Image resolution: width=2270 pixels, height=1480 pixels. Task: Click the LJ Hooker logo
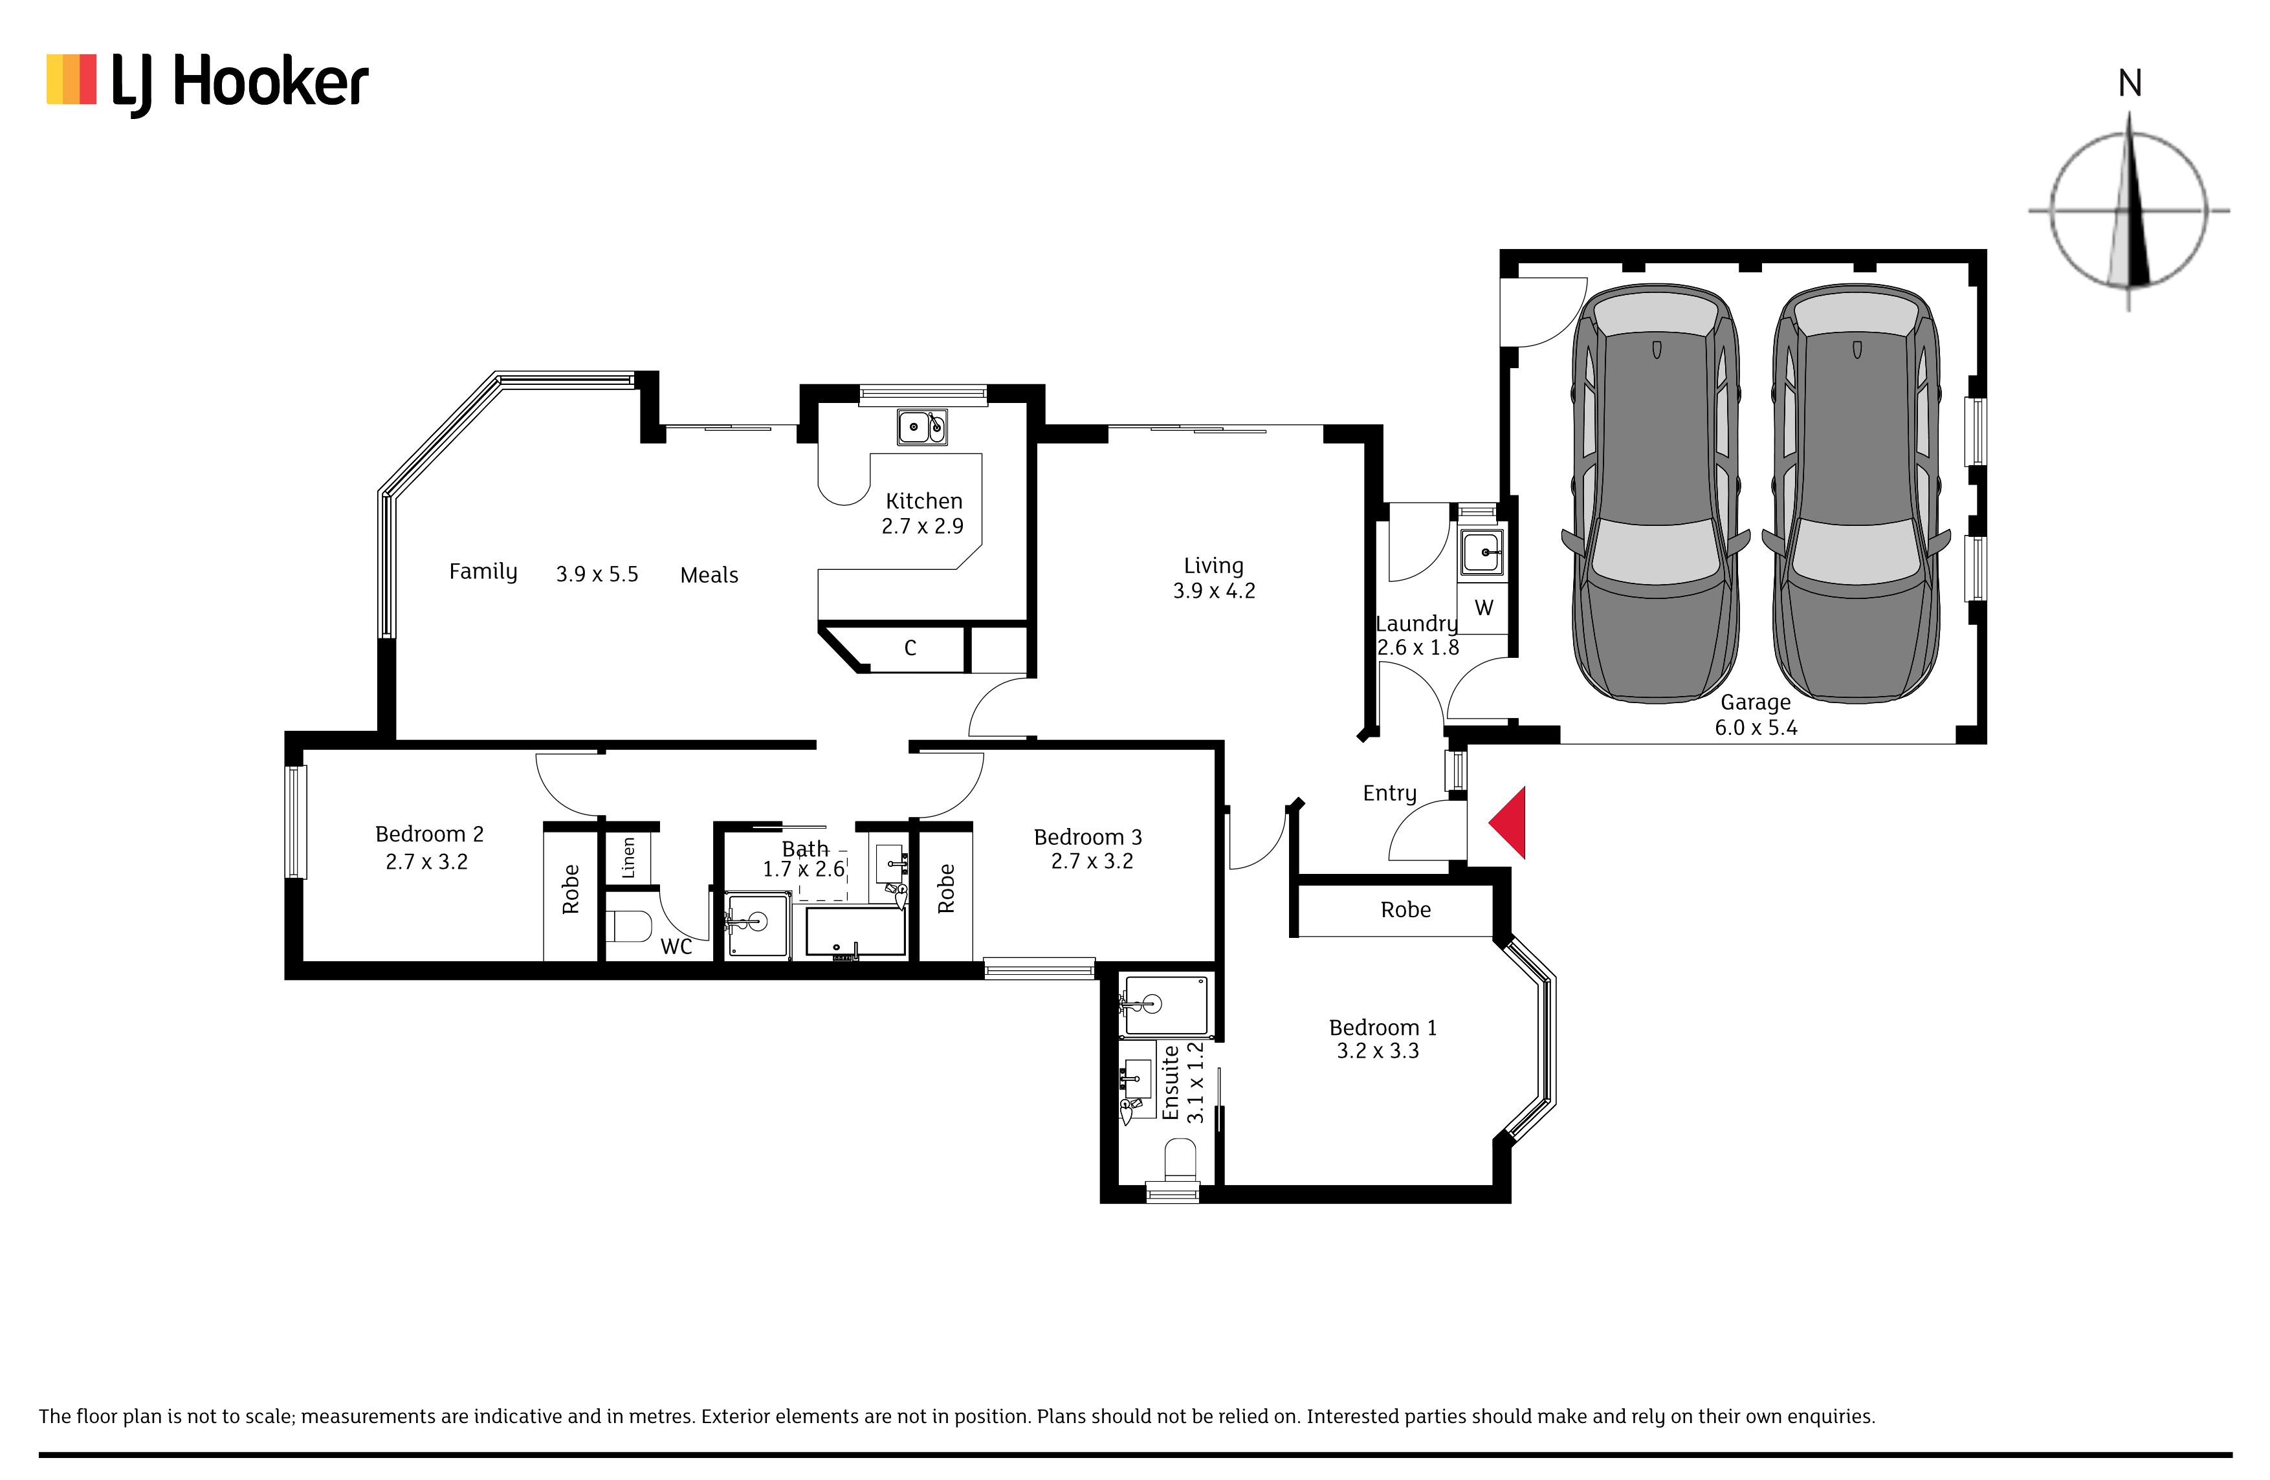207,84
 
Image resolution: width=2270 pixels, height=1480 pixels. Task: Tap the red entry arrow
1508,822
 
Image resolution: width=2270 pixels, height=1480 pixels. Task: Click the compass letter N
2130,84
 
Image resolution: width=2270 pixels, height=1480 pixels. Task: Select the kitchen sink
921,426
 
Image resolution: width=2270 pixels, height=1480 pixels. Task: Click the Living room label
1213,565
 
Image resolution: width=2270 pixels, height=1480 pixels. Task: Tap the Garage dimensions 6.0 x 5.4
1756,728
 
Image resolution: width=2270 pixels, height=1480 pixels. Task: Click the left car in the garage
1656,493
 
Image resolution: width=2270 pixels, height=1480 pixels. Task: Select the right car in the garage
1856,493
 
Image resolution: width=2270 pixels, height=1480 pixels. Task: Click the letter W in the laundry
1484,607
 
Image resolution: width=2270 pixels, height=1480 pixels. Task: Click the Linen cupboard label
628,857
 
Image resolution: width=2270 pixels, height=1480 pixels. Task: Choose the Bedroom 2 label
429,834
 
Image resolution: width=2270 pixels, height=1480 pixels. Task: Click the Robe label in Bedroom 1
1406,909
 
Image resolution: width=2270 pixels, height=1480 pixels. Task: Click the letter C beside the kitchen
910,648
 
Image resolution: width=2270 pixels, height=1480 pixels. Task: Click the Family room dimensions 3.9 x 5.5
597,574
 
